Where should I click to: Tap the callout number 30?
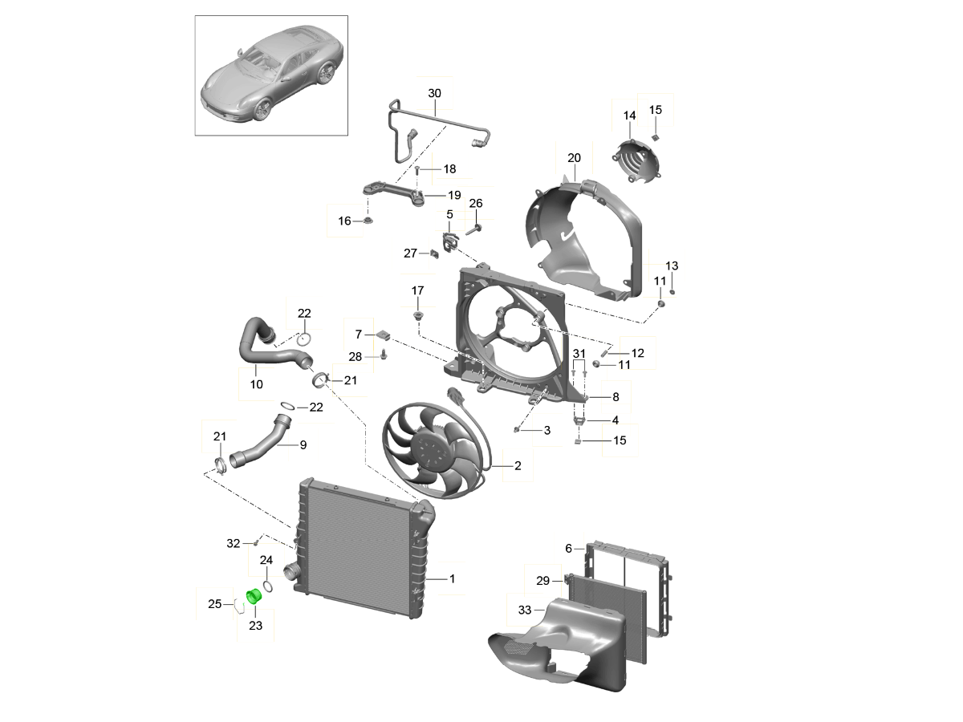click(434, 94)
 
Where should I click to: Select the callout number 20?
click(574, 158)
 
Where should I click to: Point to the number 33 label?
click(524, 610)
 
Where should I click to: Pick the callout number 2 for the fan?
click(518, 465)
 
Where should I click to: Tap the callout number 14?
click(629, 116)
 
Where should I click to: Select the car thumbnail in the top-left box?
click(272, 75)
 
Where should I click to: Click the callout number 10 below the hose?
click(257, 385)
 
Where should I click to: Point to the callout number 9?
click(303, 445)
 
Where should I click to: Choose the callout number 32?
click(233, 544)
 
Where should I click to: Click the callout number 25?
click(214, 604)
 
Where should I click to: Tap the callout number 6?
click(568, 549)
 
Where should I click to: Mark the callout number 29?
click(542, 581)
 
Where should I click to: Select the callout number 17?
click(417, 290)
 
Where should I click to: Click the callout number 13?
click(672, 266)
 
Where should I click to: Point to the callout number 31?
click(579, 354)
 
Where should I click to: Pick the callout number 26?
click(476, 204)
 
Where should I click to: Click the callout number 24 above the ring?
click(266, 560)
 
